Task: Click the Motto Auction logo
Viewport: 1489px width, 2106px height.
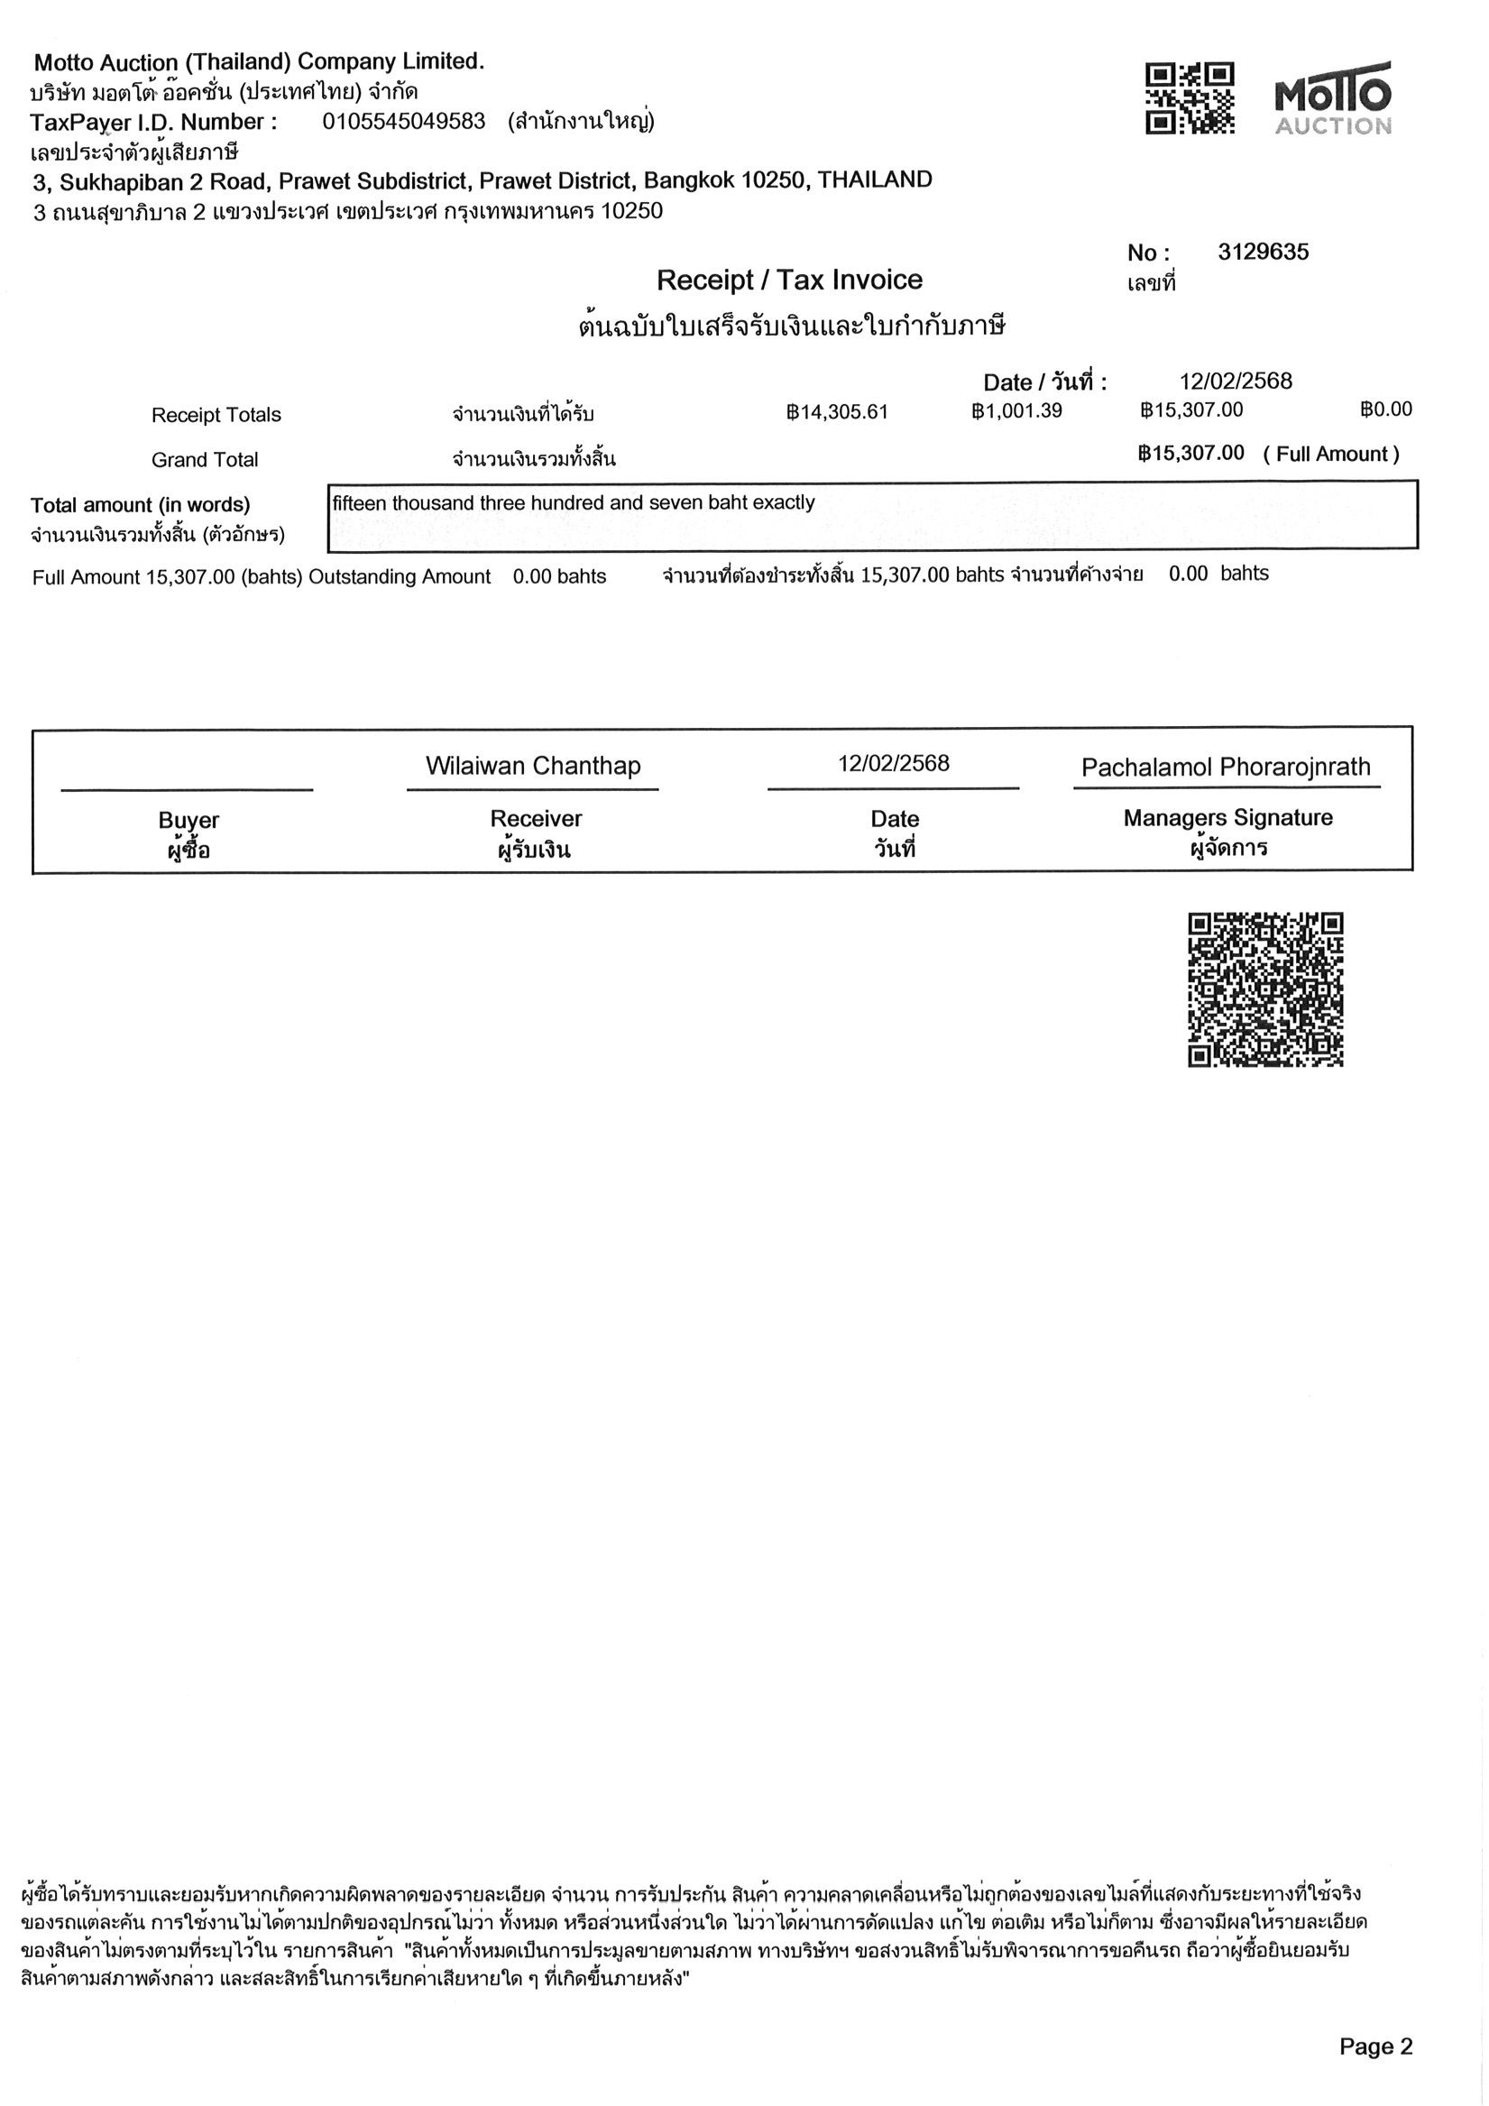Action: pyautogui.click(x=1332, y=99)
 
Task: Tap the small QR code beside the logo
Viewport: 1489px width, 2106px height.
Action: pyautogui.click(x=1189, y=98)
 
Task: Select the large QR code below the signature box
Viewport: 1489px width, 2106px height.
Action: pyautogui.click(x=1265, y=989)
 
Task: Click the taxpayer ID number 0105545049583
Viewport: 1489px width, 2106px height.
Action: pyautogui.click(x=404, y=122)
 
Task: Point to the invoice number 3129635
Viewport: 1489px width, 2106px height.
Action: pyautogui.click(x=1263, y=253)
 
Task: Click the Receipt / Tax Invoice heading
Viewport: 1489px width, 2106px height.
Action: pyautogui.click(x=789, y=280)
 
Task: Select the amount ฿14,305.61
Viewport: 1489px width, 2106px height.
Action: pyautogui.click(x=837, y=412)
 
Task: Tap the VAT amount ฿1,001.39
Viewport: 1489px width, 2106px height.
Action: pyautogui.click(x=1016, y=410)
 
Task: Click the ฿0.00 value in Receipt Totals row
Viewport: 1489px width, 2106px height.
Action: pyautogui.click(x=1385, y=409)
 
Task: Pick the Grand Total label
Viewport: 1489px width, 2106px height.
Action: pyautogui.click(x=205, y=460)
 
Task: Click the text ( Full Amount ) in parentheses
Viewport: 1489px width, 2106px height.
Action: pyautogui.click(x=1330, y=454)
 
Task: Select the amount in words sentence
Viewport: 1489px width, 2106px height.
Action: pyautogui.click(x=574, y=502)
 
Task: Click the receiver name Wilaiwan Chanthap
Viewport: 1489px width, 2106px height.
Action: pyautogui.click(x=533, y=766)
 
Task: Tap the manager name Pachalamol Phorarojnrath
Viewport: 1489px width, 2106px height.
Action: pyautogui.click(x=1226, y=767)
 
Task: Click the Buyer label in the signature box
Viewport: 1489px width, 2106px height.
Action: pyautogui.click(x=188, y=820)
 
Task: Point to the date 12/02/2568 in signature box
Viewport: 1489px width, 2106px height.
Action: pyautogui.click(x=893, y=763)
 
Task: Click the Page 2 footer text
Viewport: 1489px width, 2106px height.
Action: pyautogui.click(x=1375, y=2046)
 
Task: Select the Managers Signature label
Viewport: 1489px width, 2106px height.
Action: pyautogui.click(x=1227, y=817)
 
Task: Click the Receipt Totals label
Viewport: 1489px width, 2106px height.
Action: pyautogui.click(x=216, y=415)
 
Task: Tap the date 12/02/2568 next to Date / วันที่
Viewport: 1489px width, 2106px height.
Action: pyautogui.click(x=1235, y=382)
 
